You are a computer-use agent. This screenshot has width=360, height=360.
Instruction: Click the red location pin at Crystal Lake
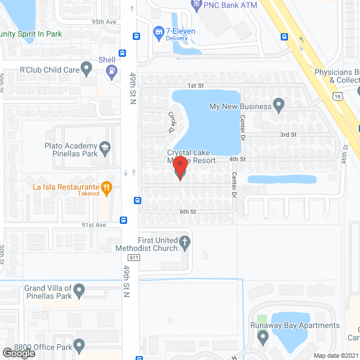pyautogui.click(x=179, y=168)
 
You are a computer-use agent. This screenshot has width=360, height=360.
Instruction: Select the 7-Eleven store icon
pyautogui.click(x=159, y=32)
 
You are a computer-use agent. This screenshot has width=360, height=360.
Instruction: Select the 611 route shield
pyautogui.click(x=133, y=258)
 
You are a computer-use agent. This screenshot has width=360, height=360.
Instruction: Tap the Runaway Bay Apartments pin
pyautogui.click(x=263, y=336)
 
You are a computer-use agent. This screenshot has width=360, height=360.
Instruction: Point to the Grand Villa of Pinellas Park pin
pyautogui.click(x=79, y=291)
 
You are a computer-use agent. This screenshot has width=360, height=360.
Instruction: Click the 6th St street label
pyautogui.click(x=187, y=211)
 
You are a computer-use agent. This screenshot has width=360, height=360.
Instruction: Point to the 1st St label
pyautogui.click(x=195, y=85)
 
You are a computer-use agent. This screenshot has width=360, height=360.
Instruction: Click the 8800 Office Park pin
pyautogui.click(x=79, y=344)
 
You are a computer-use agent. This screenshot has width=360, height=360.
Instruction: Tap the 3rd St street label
pyautogui.click(x=288, y=134)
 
